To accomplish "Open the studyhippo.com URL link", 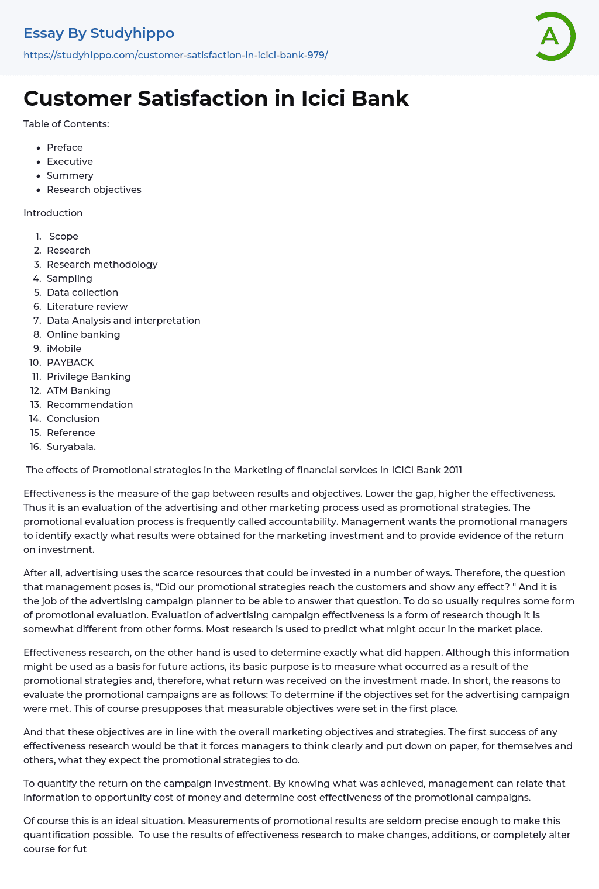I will point(175,55).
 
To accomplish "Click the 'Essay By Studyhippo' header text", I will point(99,33).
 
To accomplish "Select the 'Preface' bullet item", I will point(65,147).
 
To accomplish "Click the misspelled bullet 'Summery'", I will point(70,175).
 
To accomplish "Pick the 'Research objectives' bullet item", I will point(94,189).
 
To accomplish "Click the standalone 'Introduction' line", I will point(53,213).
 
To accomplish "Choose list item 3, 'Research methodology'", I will point(102,264).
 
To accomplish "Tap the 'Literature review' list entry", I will point(87,306).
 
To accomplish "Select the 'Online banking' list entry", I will point(84,334).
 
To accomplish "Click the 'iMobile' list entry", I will point(64,348).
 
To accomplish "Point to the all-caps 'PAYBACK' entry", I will point(70,362).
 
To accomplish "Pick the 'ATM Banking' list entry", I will point(79,390).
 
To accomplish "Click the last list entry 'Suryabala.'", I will point(71,447).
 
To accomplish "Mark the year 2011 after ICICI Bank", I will point(452,470).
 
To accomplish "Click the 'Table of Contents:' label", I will point(66,124).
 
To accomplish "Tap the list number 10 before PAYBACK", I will point(35,362).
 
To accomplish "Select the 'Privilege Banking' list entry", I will point(89,376).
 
